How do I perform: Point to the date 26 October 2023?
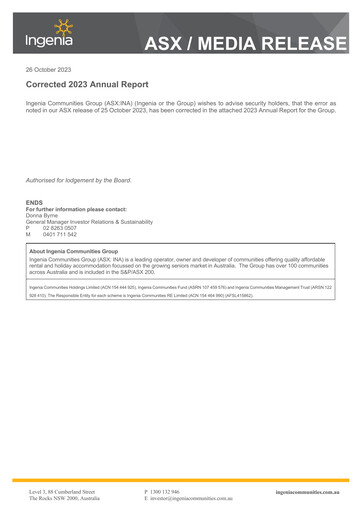click(49, 69)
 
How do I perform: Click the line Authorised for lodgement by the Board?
click(78, 180)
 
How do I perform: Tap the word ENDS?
click(34, 202)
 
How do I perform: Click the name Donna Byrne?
click(42, 215)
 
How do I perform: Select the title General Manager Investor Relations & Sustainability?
click(89, 221)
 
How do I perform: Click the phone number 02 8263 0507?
click(60, 227)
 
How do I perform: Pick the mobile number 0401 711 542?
click(60, 234)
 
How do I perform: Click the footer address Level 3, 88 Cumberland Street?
click(61, 492)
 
